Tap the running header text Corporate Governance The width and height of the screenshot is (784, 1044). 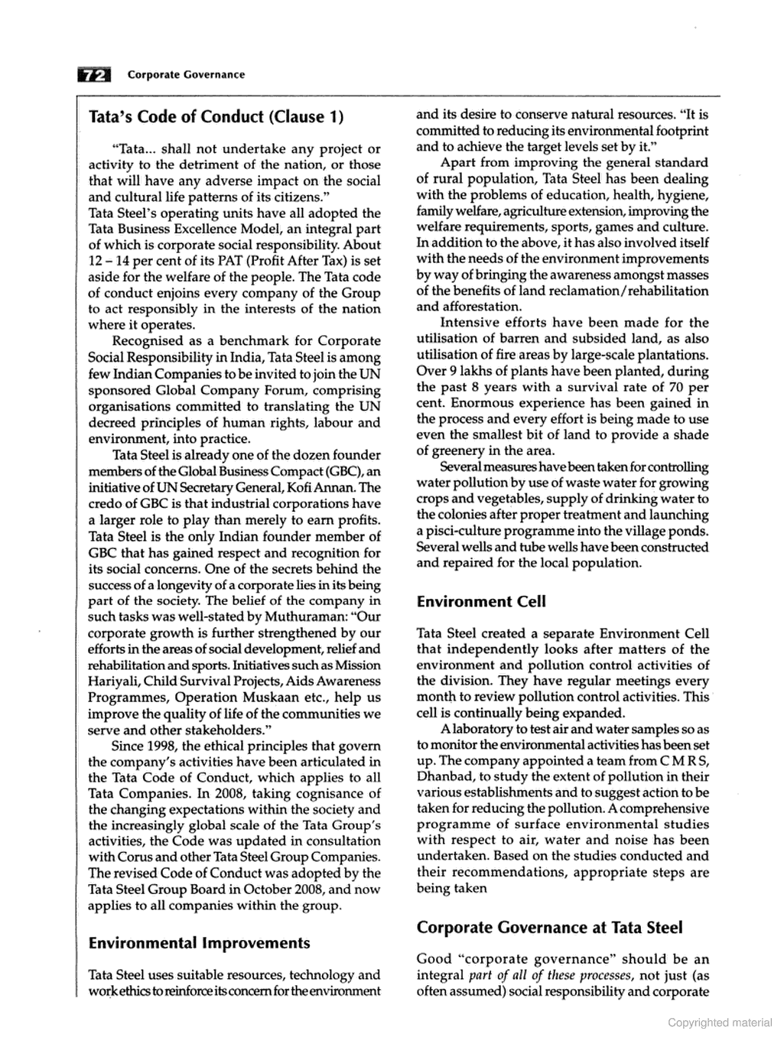pyautogui.click(x=186, y=74)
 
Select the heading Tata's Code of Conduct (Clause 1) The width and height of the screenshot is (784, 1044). pyautogui.click(x=216, y=116)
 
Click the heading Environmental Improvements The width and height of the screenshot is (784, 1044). pyautogui.click(x=199, y=942)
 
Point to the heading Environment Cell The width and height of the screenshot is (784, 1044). pyautogui.click(x=481, y=601)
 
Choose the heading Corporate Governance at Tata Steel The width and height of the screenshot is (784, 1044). pyautogui.click(x=549, y=927)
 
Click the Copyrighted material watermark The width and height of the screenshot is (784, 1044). pyautogui.click(x=719, y=1023)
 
